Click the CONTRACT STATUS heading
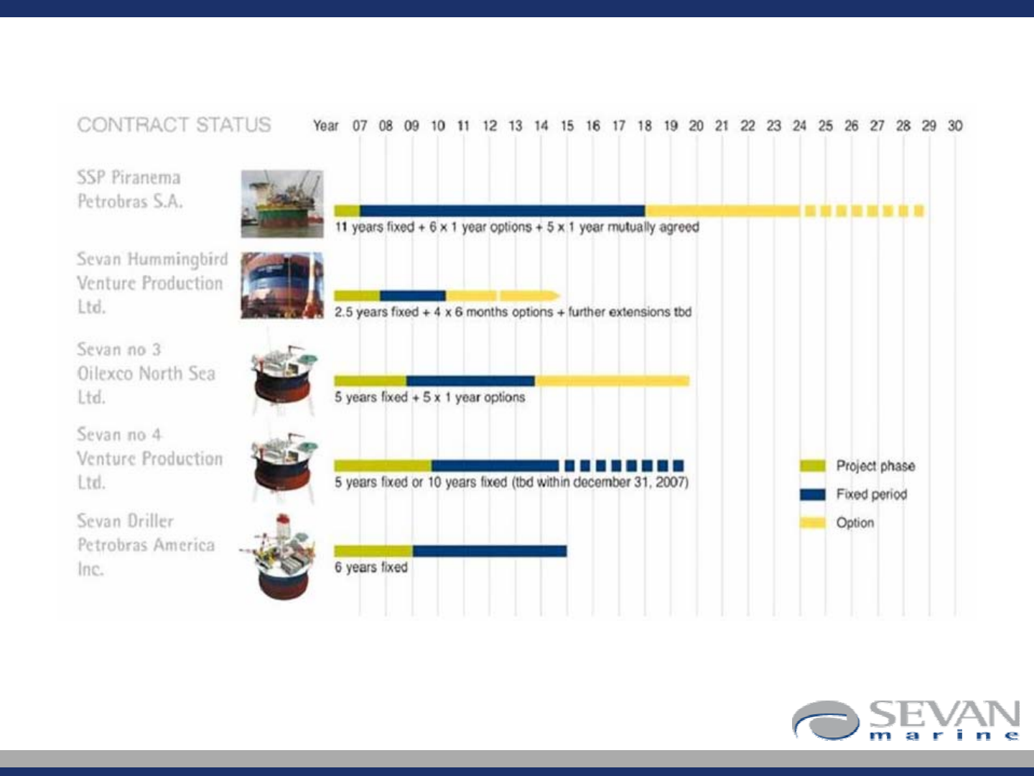pyautogui.click(x=174, y=125)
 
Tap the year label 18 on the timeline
pyautogui.click(x=644, y=126)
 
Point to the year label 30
pyautogui.click(x=955, y=126)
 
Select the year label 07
pyautogui.click(x=360, y=126)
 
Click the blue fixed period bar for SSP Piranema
pyautogui.click(x=503, y=211)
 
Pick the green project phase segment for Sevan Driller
pyautogui.click(x=373, y=551)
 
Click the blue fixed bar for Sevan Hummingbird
pyautogui.click(x=413, y=296)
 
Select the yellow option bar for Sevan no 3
pyautogui.click(x=612, y=381)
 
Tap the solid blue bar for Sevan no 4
pyautogui.click(x=495, y=466)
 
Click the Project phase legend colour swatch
pyautogui.click(x=813, y=466)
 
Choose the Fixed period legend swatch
pyautogui.click(x=813, y=494)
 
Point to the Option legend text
pyautogui.click(x=855, y=522)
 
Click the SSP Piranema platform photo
pyautogui.click(x=282, y=204)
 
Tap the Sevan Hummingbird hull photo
pyautogui.click(x=282, y=285)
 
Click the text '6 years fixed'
pyautogui.click(x=371, y=568)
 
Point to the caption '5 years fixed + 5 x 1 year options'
pyautogui.click(x=429, y=397)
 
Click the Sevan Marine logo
pyautogui.click(x=906, y=721)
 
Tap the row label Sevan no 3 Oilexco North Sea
pyautogui.click(x=146, y=373)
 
